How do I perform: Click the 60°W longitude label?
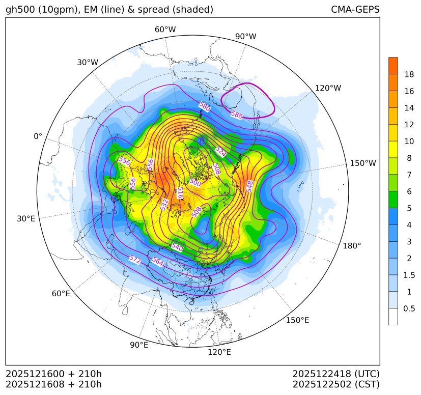point(165,30)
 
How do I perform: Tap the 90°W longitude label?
point(245,37)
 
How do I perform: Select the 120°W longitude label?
point(328,88)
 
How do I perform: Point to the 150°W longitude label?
point(363,163)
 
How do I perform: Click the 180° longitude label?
point(352,246)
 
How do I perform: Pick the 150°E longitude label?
point(297,320)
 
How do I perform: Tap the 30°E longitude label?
point(26,219)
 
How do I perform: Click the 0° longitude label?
point(38,136)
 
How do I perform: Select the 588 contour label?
point(237,115)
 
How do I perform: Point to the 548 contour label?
point(249,186)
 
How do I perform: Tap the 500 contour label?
point(195,182)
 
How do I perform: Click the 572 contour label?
point(135,260)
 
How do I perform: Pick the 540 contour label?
point(177,247)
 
